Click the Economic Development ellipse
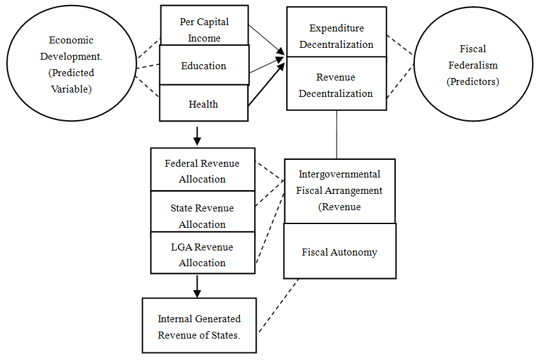point(70,64)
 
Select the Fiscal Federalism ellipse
point(472,65)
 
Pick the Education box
point(204,65)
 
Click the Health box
point(204,104)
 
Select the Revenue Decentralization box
point(337,85)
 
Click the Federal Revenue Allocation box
point(203,170)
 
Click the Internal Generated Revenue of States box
point(199,326)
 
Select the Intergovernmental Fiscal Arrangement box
point(340,191)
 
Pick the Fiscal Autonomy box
point(340,252)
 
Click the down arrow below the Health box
point(198,134)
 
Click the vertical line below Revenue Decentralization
point(337,135)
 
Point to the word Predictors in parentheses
point(472,82)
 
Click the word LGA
point(181,247)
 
